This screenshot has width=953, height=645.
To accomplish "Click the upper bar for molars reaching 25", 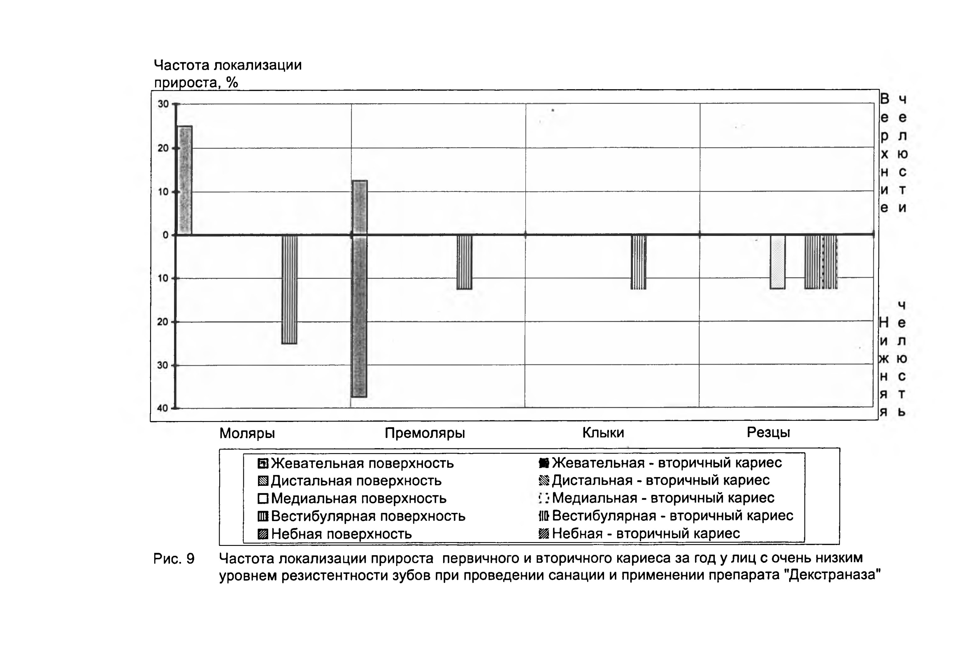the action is [x=185, y=180].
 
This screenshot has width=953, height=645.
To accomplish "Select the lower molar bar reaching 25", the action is [x=290, y=289].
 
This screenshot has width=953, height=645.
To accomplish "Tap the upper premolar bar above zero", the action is [x=360, y=207].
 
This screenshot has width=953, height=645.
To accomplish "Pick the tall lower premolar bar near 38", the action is [x=359, y=316].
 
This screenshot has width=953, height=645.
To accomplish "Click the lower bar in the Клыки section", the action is [x=639, y=262].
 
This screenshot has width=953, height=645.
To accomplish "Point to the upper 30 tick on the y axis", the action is [x=164, y=104].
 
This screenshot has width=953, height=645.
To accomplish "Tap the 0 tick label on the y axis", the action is [x=166, y=235].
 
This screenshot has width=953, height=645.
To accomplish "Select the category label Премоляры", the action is [x=425, y=433].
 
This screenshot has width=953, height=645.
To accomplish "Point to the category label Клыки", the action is [x=603, y=432].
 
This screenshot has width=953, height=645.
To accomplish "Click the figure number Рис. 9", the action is [x=174, y=558].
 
